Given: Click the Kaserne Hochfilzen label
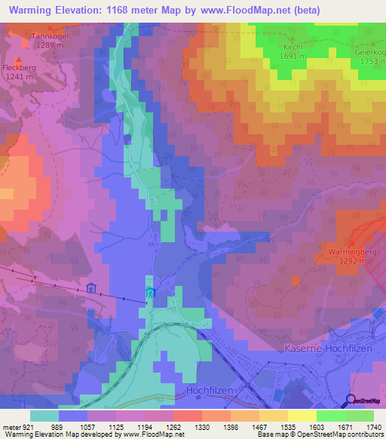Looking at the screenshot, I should pyautogui.click(x=331, y=348).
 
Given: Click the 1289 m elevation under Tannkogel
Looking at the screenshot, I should pyautogui.click(x=49, y=45).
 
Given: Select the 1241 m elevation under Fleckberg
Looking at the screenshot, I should pyautogui.click(x=20, y=76).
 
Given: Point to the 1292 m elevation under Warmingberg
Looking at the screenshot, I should pyautogui.click(x=351, y=260).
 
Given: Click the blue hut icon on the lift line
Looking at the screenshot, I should pyautogui.click(x=91, y=287).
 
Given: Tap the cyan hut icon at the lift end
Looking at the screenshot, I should pyautogui.click(x=149, y=293).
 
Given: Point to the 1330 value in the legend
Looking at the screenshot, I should pyautogui.click(x=201, y=426).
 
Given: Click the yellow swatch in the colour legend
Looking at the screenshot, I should pyautogui.click(x=302, y=416).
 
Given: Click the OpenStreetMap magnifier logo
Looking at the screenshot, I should pyautogui.click(x=350, y=401).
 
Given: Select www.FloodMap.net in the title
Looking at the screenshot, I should pyautogui.click(x=242, y=10).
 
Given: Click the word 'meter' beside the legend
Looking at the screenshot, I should pyautogui.click(x=11, y=426).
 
